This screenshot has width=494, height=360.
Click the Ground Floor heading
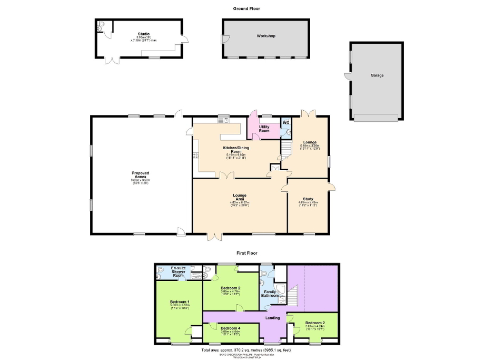(x=247, y=8)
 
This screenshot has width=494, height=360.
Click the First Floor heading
(x=247, y=254)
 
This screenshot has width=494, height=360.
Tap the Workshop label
(x=266, y=36)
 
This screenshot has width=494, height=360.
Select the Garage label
(x=377, y=75)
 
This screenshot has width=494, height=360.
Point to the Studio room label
(x=144, y=34)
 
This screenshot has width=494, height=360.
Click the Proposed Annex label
(x=140, y=175)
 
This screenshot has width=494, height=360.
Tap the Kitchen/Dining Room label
(x=237, y=150)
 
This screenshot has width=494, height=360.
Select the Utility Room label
(x=264, y=128)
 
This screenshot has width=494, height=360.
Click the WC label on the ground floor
(x=286, y=123)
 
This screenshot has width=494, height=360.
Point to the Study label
(x=308, y=199)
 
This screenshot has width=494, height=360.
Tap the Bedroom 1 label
(x=180, y=301)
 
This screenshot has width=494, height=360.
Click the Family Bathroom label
(x=271, y=294)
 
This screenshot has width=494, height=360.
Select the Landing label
(x=272, y=318)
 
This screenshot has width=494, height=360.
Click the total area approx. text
(x=246, y=350)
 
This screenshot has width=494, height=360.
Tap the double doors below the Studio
(x=112, y=60)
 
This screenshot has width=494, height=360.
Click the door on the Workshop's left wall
(x=224, y=38)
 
